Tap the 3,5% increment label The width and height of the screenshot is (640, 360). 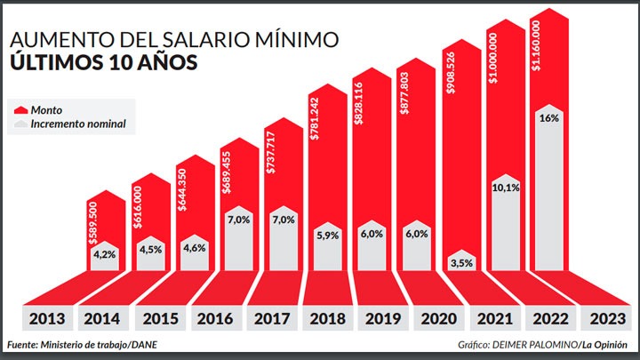click(459, 263)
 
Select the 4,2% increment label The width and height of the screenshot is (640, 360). click(105, 253)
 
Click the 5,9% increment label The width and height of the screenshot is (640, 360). click(324, 236)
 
